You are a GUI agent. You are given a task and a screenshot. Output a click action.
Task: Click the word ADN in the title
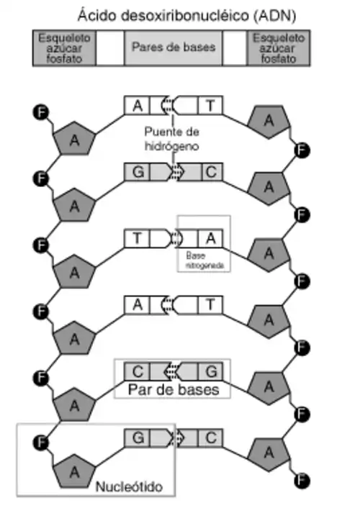(274, 16)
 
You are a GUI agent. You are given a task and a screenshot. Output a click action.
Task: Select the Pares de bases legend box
(174, 47)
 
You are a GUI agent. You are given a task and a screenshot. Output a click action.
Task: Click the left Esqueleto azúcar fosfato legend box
(64, 47)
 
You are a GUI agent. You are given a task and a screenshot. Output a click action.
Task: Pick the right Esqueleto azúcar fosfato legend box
(279, 47)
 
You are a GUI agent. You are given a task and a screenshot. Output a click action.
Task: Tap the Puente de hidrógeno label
(171, 139)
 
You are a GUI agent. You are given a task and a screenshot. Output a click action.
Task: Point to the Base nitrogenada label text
(204, 260)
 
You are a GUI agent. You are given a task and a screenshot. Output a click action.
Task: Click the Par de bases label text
(174, 390)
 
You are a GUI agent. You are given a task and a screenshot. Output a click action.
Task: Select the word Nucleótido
(129, 486)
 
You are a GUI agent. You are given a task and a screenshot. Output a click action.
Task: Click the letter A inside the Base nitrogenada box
(211, 238)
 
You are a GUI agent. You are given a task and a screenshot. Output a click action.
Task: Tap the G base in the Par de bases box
(211, 371)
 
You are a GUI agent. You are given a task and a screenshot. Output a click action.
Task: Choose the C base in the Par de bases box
(138, 371)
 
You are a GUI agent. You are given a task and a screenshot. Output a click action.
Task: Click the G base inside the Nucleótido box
(138, 438)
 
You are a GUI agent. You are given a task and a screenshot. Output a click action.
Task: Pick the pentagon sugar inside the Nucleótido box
(74, 472)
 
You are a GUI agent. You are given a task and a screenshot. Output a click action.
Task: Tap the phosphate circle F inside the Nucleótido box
(41, 443)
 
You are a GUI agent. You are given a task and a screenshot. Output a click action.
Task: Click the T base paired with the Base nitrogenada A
(137, 238)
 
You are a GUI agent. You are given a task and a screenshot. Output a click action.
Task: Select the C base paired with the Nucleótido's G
(211, 438)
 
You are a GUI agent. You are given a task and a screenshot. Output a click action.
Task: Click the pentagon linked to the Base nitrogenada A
(269, 255)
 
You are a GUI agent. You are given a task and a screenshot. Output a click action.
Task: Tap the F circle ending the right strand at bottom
(302, 481)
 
